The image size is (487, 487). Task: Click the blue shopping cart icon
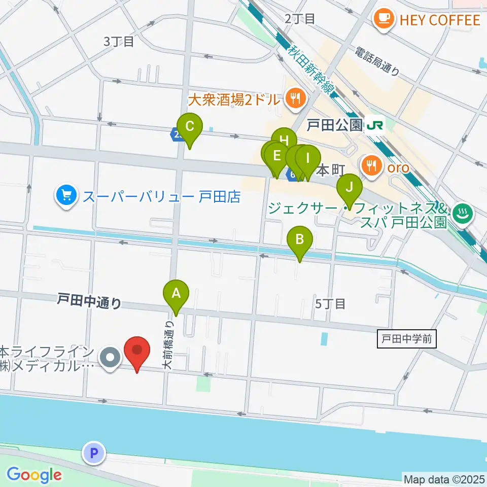67,196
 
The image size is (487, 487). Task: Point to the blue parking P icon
94,453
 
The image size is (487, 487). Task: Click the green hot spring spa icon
463,214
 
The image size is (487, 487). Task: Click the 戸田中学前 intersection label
407,338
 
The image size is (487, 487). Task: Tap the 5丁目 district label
330,304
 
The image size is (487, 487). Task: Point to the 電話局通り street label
377,61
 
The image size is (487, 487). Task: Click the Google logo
34,475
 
